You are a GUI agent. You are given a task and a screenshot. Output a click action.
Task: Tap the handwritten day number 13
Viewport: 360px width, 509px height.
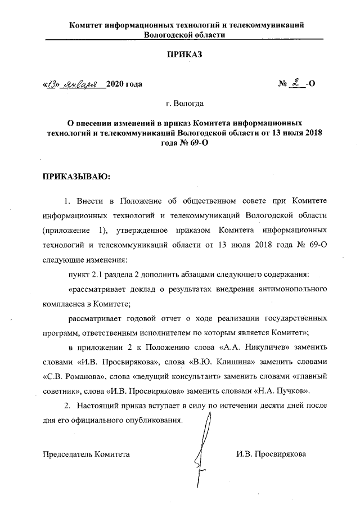coord(54,84)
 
